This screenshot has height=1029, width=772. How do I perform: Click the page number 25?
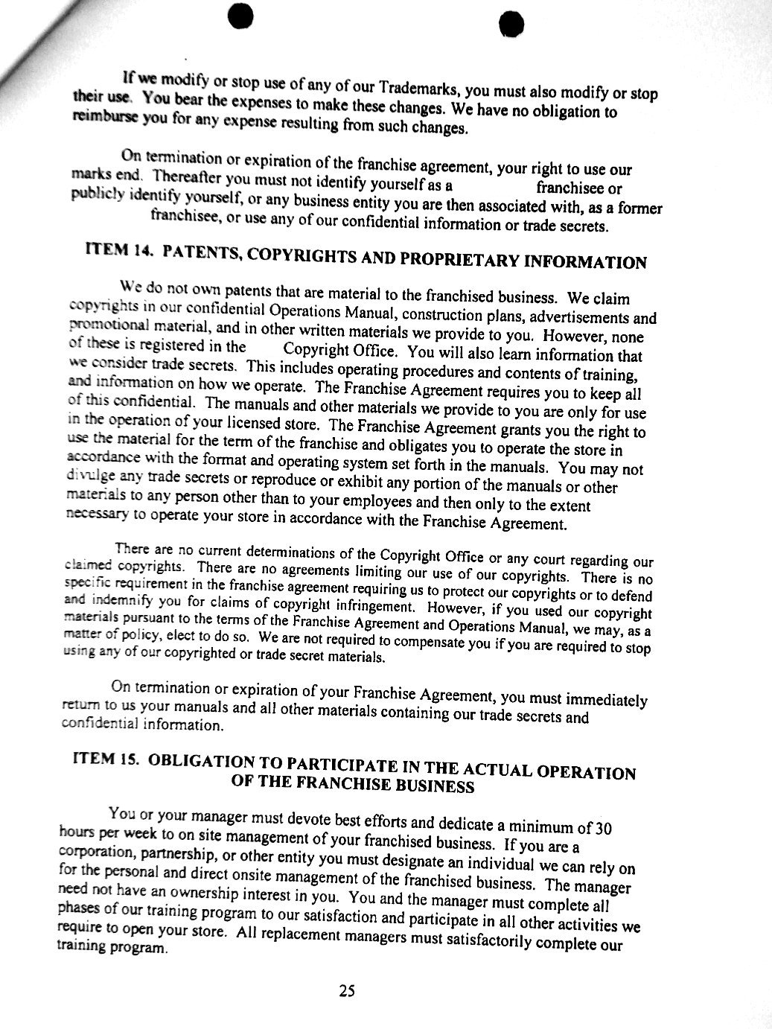pos(347,990)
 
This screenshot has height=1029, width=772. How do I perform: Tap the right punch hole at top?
pos(509,23)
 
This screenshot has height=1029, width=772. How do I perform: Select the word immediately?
pos(607,700)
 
